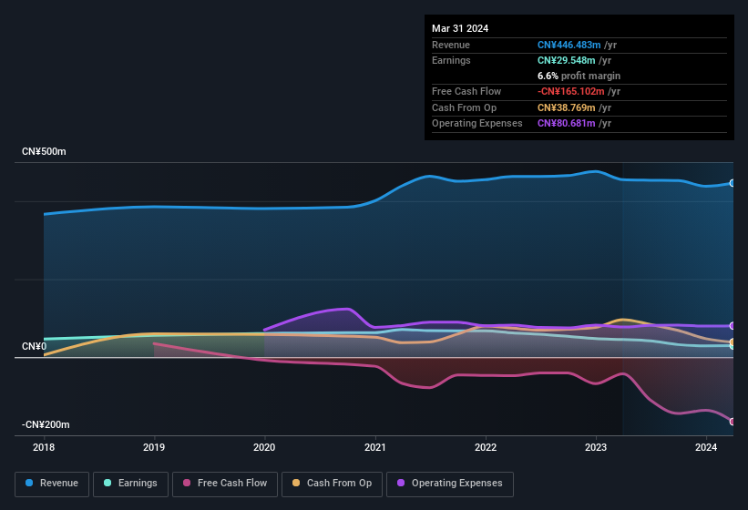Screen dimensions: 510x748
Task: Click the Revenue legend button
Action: pos(52,484)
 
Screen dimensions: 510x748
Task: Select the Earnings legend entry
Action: pos(131,484)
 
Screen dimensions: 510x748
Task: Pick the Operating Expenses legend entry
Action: pos(450,484)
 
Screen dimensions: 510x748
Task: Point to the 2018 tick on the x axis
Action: pos(44,447)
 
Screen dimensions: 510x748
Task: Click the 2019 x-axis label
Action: pos(154,447)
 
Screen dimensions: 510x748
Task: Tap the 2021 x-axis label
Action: pos(374,447)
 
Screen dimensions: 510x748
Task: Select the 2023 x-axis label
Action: pos(596,447)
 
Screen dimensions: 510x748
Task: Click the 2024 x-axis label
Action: pos(706,447)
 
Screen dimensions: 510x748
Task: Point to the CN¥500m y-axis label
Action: pos(44,151)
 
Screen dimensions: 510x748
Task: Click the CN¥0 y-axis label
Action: pos(34,347)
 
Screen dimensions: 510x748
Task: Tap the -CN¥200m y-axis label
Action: pos(46,425)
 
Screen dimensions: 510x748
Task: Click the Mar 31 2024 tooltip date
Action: pos(460,28)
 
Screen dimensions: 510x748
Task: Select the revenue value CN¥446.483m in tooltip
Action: pos(567,45)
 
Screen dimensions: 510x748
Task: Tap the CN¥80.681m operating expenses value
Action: pos(565,123)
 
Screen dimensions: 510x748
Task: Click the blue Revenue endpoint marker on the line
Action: pos(733,183)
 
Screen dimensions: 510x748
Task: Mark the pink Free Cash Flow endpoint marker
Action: pos(733,422)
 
